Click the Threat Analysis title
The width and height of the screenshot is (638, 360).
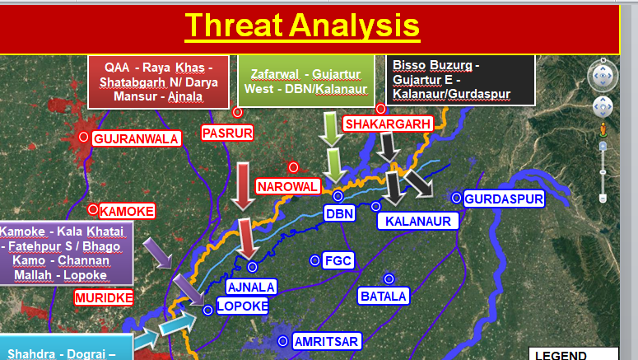point(302,26)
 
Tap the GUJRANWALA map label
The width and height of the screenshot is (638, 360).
point(137,139)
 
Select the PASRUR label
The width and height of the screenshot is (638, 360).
point(227,133)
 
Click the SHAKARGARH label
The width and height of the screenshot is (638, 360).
point(389,124)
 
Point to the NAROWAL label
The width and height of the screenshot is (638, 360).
point(287,186)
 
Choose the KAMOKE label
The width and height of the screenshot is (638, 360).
point(127,212)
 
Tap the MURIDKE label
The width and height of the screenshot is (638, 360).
point(104,297)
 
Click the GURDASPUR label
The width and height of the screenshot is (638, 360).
point(504,199)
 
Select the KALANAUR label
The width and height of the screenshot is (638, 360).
point(418,221)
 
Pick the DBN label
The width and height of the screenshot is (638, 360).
point(340,213)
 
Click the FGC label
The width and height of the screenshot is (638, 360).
point(338,260)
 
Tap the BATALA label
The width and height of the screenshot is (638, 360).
point(384,296)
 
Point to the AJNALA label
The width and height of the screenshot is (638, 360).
point(251,288)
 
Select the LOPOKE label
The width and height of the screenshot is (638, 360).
point(243,306)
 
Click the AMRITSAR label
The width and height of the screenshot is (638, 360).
point(326,341)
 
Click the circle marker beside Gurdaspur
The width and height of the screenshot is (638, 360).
point(456,198)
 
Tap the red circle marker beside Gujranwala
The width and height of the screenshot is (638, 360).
point(83,137)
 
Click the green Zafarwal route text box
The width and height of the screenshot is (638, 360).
point(306,82)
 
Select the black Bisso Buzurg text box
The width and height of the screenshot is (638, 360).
point(461,81)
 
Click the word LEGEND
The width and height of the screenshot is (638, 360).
point(561,355)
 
